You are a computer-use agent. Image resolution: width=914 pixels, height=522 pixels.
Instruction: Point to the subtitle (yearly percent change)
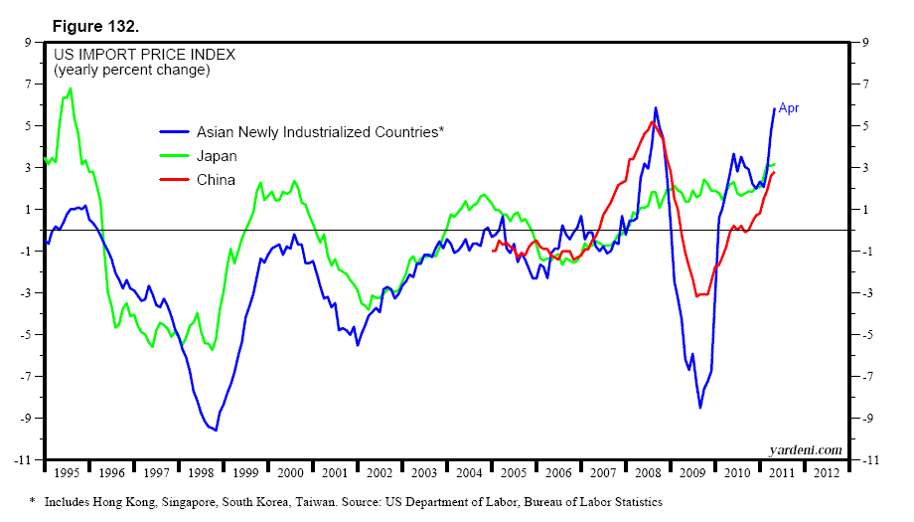point(131,71)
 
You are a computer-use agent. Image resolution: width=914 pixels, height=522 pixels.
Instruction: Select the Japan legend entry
point(217,156)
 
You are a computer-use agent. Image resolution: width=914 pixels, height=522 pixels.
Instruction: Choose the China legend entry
point(216,180)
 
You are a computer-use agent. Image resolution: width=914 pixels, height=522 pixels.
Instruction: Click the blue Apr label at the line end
point(789,108)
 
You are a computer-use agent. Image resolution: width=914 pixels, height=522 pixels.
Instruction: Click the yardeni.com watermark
point(805,449)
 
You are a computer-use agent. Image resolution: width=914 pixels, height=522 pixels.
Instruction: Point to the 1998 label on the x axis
point(201,473)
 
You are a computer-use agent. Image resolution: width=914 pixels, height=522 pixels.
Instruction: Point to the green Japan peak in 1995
point(70,89)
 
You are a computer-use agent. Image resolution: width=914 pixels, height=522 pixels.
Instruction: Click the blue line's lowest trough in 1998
point(215,430)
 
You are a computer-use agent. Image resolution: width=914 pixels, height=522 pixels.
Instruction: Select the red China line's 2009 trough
point(697,295)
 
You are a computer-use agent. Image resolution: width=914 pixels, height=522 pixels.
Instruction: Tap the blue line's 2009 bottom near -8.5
point(699,408)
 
